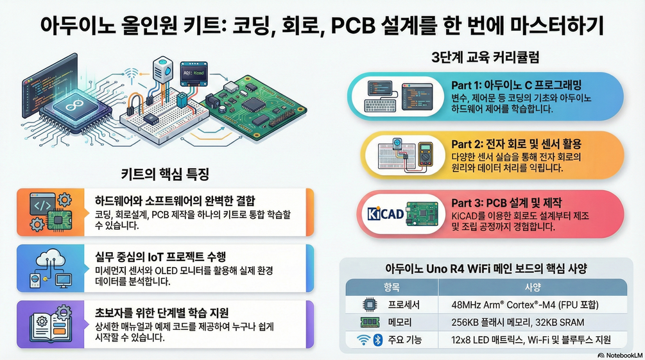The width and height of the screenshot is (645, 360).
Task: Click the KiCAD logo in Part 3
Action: coord(386,214)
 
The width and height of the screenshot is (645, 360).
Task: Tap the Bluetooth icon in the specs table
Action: coord(377,340)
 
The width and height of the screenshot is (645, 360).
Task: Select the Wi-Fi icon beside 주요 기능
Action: coord(363,340)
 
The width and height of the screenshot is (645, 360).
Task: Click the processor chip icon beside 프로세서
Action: coord(370,304)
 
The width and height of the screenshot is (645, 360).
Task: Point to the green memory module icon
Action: coord(370,322)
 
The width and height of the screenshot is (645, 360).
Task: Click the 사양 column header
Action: coord(533,287)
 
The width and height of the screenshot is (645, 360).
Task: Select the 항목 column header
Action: coord(391,287)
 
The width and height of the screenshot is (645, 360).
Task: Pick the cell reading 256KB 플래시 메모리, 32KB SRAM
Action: coord(518,322)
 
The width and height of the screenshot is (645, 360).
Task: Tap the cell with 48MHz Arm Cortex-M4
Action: coord(525,305)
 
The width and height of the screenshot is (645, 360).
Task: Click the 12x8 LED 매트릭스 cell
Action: coord(531,340)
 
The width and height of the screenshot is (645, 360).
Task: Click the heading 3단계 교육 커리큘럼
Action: coord(485,57)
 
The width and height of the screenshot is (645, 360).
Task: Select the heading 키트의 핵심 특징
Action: coord(165,174)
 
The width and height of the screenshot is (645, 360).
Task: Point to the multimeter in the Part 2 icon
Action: coord(425,154)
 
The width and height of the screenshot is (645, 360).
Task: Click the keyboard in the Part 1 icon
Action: coord(381,106)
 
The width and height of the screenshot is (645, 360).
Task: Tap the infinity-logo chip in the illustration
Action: coord(76,108)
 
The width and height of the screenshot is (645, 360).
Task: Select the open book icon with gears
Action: coord(51,325)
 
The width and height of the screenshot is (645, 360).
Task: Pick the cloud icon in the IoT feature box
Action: coord(50,260)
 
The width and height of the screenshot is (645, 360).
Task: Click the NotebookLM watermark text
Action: coord(621,356)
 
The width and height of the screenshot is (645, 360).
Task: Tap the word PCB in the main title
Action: coord(353,26)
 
